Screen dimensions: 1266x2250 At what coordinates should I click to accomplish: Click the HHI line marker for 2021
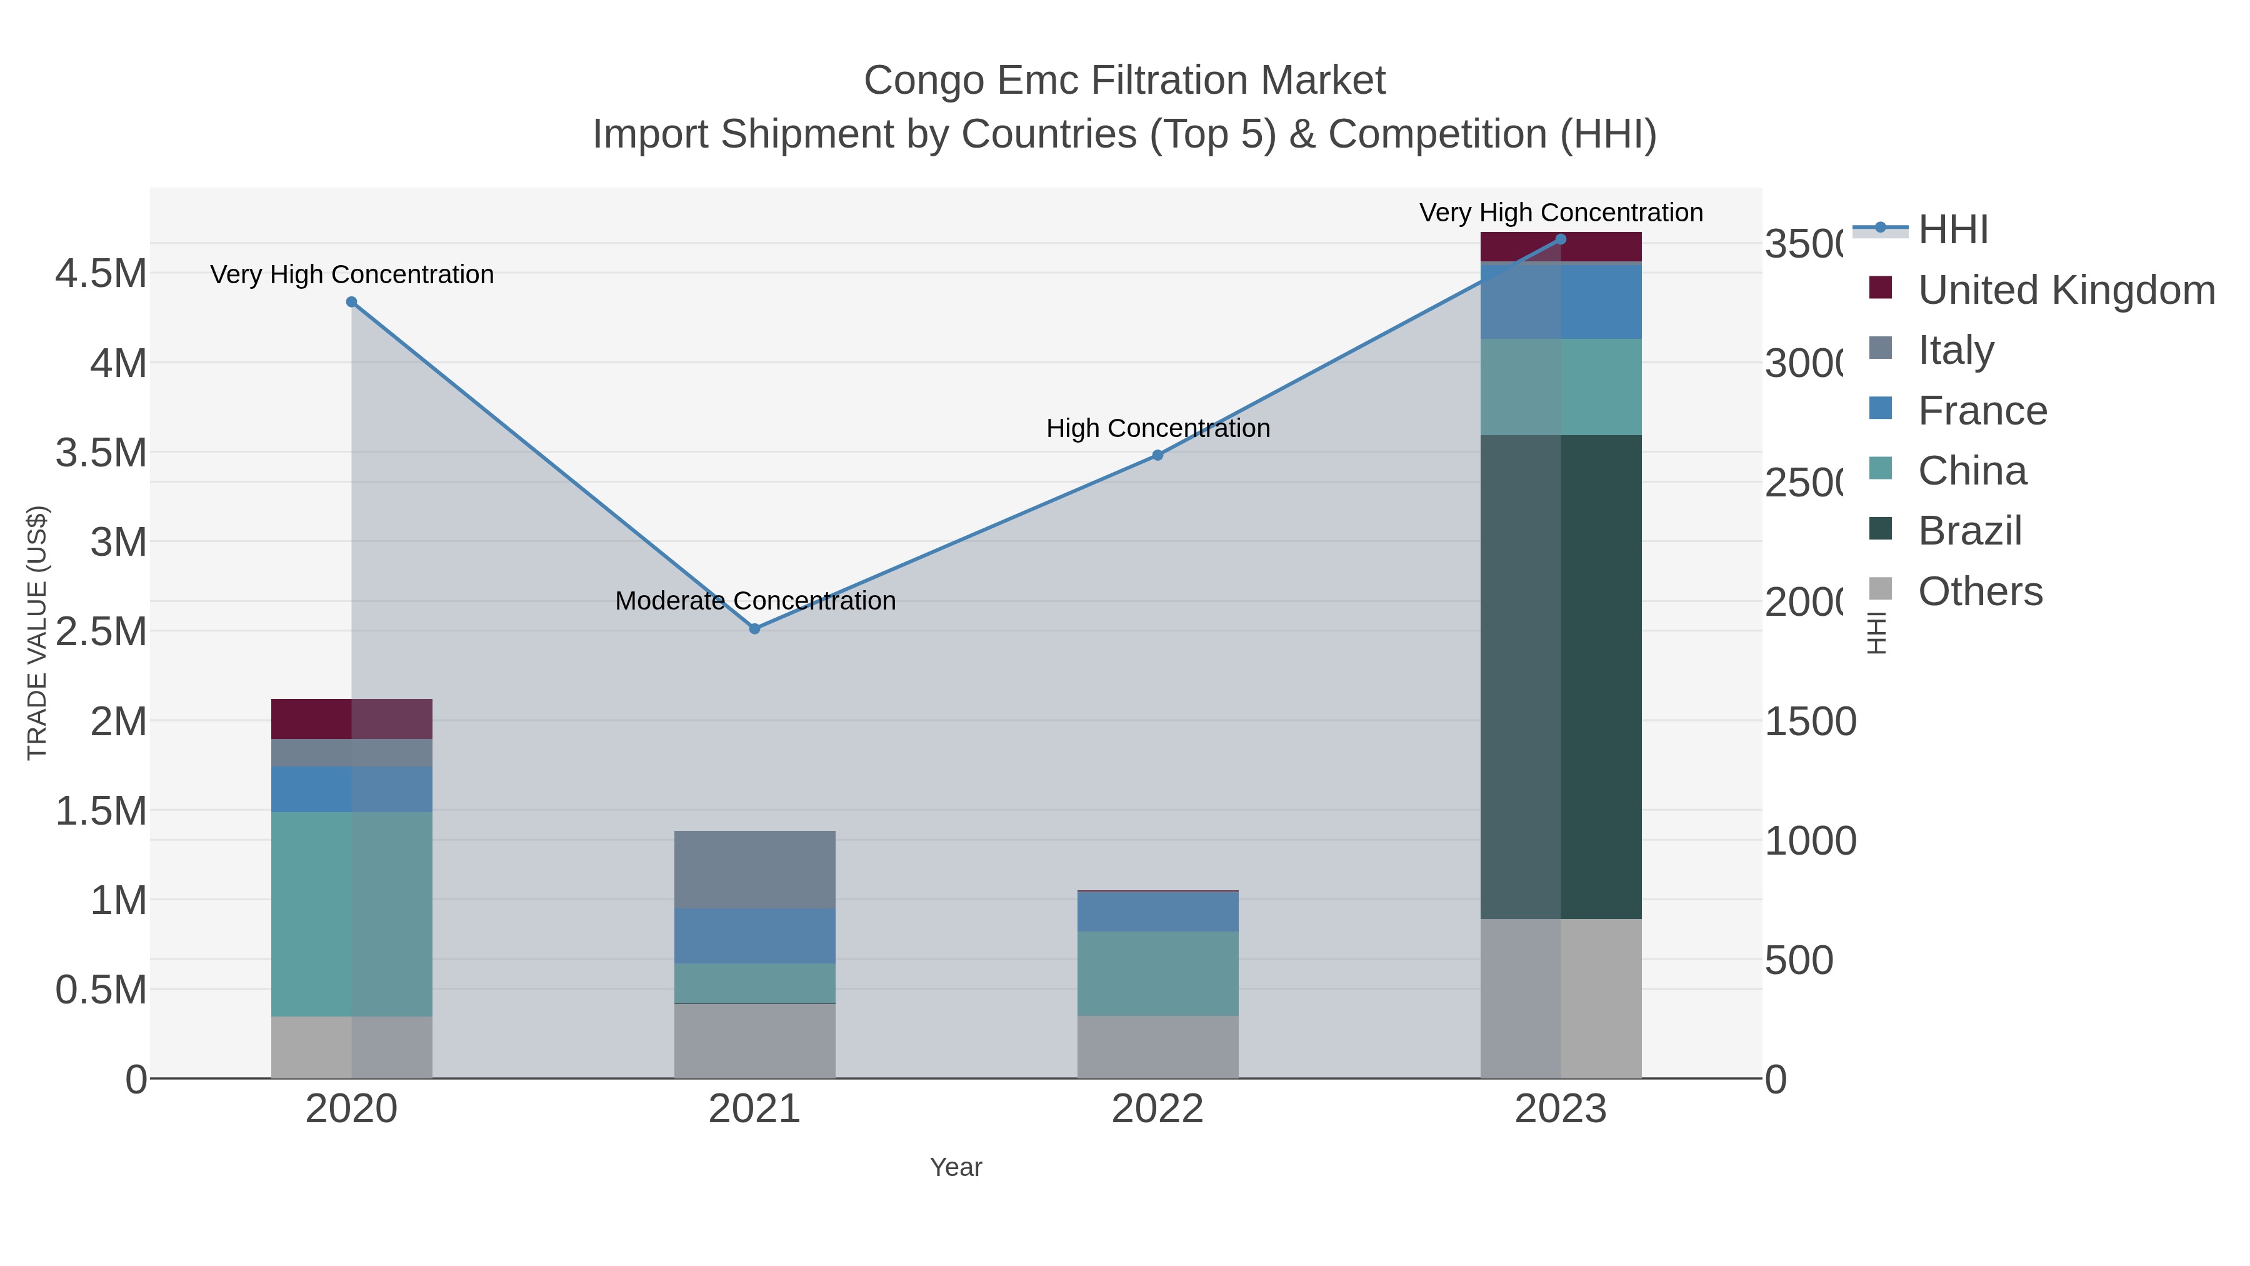[754, 629]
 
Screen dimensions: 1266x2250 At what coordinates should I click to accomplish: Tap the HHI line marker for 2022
[1157, 455]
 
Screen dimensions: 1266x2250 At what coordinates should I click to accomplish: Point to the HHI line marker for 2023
[1561, 239]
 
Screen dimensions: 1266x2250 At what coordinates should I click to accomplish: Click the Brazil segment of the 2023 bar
[1561, 676]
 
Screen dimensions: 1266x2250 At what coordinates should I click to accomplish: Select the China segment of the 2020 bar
[351, 914]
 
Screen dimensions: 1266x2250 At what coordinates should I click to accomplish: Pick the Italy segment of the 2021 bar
[754, 870]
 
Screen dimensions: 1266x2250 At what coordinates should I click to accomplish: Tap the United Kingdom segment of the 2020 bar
[351, 719]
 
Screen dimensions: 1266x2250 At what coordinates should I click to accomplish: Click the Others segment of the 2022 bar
[1157, 1047]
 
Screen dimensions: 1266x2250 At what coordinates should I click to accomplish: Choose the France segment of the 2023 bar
[1561, 301]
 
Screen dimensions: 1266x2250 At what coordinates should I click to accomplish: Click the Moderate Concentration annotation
[754, 601]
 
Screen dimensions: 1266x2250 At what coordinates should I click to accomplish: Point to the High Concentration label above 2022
[1157, 429]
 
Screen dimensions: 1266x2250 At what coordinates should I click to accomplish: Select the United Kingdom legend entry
[2066, 290]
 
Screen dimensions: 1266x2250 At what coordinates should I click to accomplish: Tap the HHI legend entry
[1953, 231]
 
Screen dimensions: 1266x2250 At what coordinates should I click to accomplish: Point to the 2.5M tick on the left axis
[101, 631]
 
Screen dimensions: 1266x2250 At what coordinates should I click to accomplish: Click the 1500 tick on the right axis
[1810, 721]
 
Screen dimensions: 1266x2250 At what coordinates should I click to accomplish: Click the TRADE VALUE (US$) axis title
[37, 633]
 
